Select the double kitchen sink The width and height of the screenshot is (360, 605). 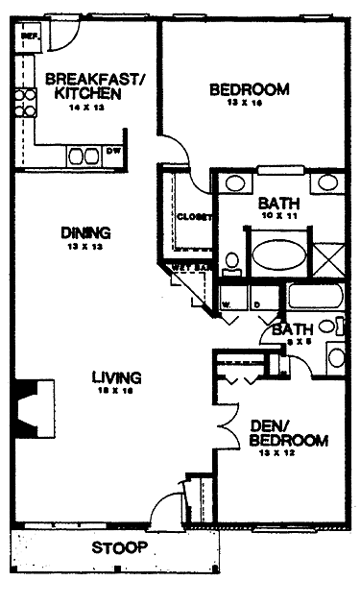[x=82, y=156]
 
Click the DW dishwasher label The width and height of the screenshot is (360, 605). [x=113, y=152]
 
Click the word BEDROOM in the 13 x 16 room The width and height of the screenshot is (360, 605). [x=249, y=90]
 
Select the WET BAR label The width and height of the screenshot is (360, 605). [x=189, y=267]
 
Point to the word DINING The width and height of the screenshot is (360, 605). [x=85, y=232]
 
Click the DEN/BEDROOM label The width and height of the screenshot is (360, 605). [x=288, y=434]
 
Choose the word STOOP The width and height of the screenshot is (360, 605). [x=120, y=548]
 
